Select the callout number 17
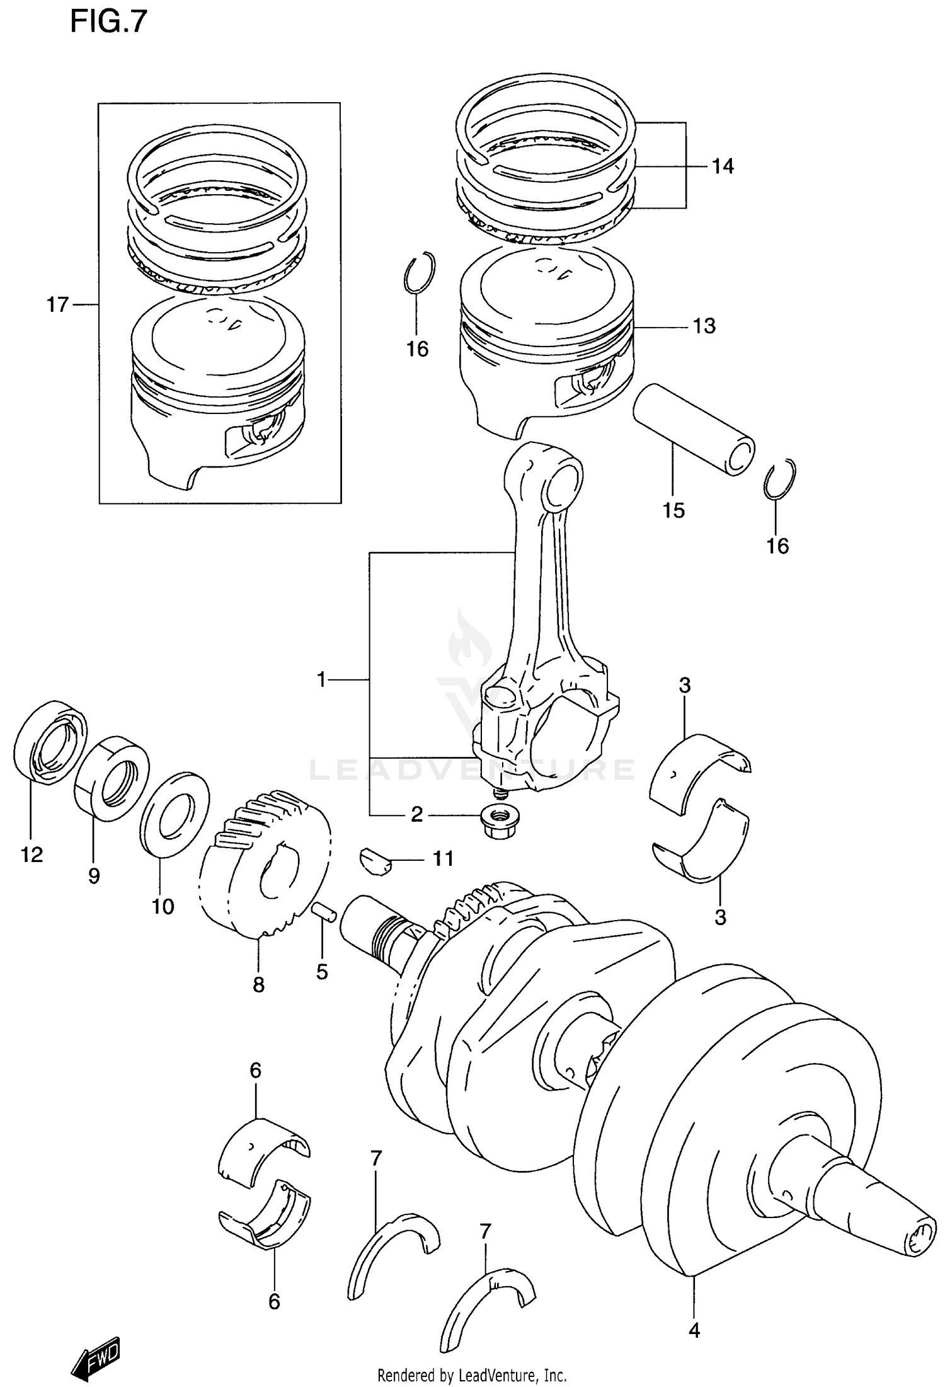point(57,305)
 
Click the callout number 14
point(723,166)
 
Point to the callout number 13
point(704,326)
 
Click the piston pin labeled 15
point(693,429)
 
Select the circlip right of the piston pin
point(779,479)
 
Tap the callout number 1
point(322,679)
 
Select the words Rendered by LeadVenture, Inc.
point(472,1375)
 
